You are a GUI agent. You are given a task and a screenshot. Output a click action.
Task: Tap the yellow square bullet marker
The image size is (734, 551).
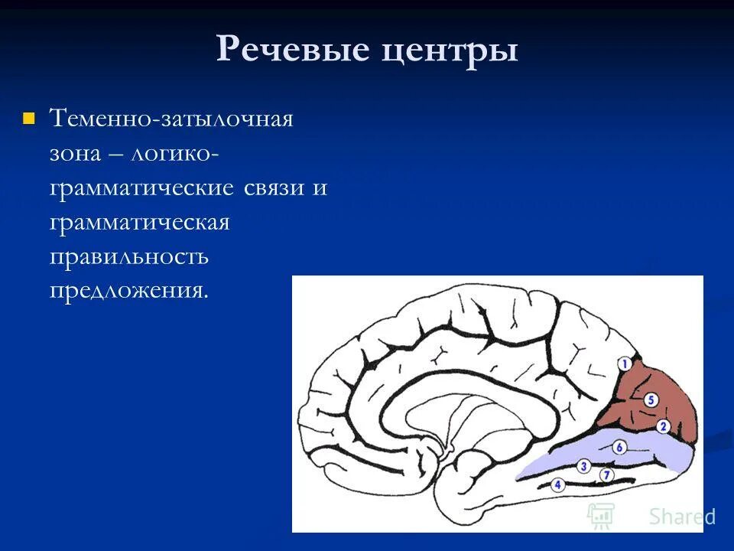(x=30, y=119)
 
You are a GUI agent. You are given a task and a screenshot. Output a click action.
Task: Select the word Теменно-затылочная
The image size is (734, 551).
(x=172, y=120)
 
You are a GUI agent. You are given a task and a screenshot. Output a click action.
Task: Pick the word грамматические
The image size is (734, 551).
(x=141, y=188)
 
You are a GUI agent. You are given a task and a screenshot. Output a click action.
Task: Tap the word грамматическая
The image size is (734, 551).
(x=140, y=223)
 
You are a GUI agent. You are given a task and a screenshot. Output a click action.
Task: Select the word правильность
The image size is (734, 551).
(x=129, y=257)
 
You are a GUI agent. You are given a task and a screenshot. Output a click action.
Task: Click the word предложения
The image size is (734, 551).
(x=129, y=292)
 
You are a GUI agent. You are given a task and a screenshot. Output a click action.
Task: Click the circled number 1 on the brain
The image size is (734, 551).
(x=625, y=365)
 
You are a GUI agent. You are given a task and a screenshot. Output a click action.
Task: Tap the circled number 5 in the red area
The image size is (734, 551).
(x=651, y=399)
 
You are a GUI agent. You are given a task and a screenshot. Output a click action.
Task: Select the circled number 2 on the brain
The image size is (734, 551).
(x=663, y=426)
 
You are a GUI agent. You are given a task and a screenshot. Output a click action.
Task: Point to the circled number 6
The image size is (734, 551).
(x=619, y=447)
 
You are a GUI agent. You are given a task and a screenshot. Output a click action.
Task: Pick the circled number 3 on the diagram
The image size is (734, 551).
(x=583, y=465)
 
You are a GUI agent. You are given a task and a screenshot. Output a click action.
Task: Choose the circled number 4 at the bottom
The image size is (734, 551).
(x=557, y=484)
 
